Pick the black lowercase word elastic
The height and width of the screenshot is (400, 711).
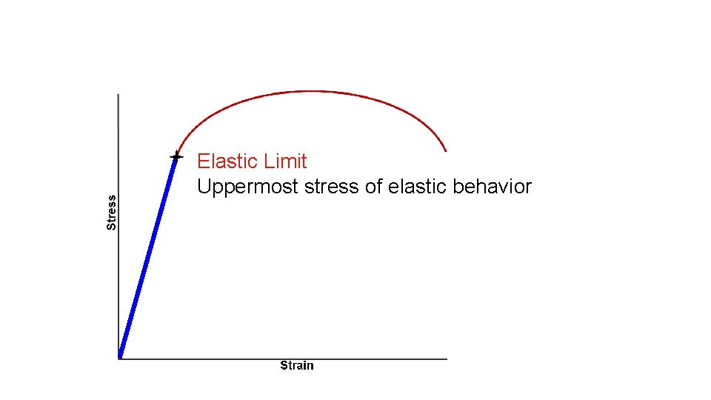(416, 187)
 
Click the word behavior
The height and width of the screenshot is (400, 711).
(492, 187)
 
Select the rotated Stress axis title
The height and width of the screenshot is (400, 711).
(112, 212)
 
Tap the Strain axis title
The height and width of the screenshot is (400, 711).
(296, 365)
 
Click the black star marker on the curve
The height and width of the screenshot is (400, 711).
(176, 156)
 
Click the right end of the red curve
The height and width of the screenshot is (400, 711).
(446, 150)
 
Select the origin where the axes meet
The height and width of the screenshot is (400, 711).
(118, 359)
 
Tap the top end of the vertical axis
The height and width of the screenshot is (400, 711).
(118, 95)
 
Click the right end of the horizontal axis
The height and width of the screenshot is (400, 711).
(447, 359)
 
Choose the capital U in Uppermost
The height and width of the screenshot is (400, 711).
(204, 187)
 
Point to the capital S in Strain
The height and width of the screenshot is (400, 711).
(284, 365)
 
